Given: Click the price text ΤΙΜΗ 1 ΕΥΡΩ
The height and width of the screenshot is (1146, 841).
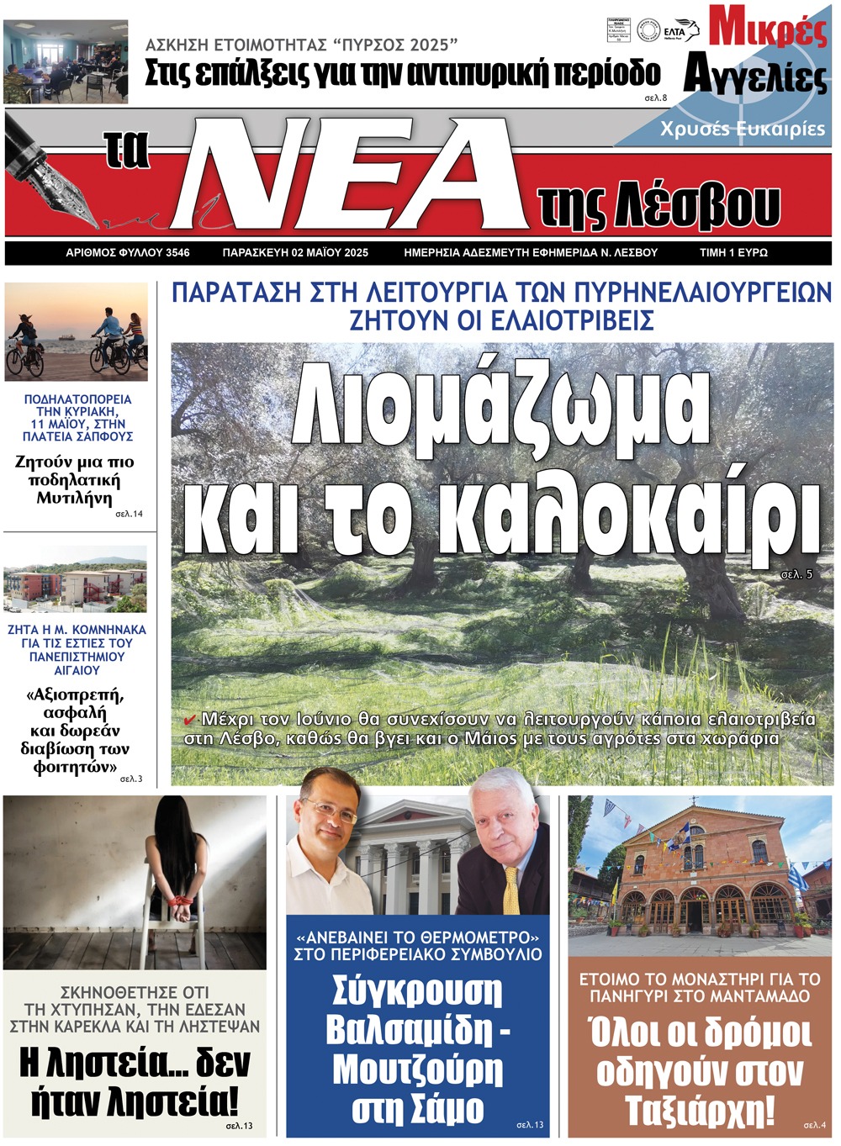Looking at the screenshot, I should point(733,252).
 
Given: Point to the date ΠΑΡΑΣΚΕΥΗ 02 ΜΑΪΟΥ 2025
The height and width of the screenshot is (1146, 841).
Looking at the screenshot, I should point(295,252).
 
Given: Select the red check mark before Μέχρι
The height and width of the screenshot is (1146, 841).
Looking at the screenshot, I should point(190,720).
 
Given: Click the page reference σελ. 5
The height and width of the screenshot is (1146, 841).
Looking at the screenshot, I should point(796,574).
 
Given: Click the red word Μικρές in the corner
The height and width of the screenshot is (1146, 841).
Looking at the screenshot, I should point(767,27).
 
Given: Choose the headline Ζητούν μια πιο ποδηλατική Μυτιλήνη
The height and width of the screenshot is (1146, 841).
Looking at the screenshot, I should point(74,479).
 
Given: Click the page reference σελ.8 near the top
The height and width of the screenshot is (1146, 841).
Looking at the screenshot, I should point(655,98).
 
